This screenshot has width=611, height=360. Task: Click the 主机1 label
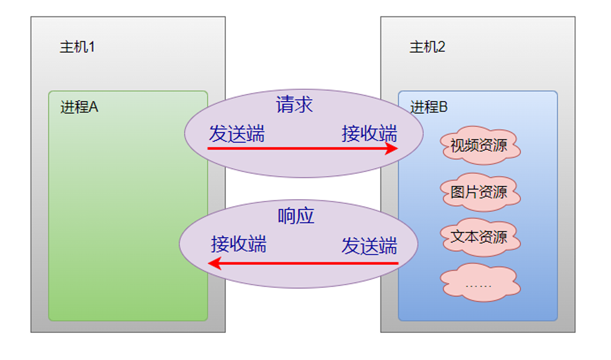[77, 47]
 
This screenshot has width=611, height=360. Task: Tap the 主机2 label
[427, 47]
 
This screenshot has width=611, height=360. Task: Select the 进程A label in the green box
[79, 107]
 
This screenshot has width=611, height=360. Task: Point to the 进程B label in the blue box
[428, 107]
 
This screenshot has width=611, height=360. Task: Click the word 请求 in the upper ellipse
[295, 105]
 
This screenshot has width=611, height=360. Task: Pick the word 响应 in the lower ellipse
[296, 216]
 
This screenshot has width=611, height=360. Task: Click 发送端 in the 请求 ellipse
[237, 134]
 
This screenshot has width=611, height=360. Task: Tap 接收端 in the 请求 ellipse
[369, 134]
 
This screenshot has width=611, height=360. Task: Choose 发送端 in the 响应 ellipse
[369, 246]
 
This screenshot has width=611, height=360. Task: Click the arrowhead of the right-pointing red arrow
[392, 149]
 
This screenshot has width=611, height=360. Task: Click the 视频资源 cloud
[479, 145]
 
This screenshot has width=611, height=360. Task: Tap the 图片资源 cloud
[479, 192]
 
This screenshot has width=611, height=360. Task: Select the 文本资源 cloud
[479, 237]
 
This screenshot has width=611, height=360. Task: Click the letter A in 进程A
[94, 107]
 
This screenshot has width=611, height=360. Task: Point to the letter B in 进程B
[443, 107]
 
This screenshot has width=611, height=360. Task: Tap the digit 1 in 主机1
[92, 47]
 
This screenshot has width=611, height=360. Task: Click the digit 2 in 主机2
[442, 47]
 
